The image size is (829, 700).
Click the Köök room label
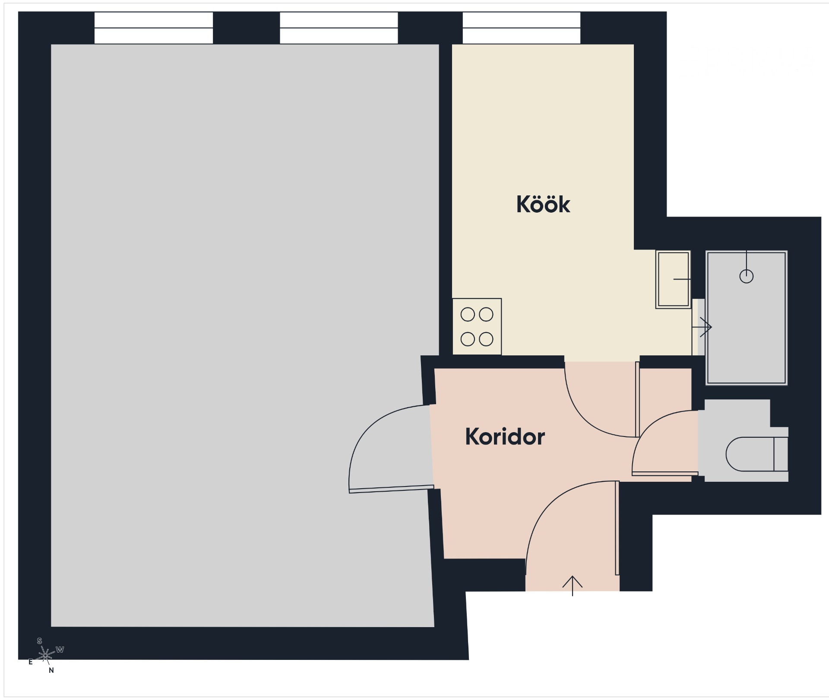543,204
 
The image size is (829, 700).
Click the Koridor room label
505,436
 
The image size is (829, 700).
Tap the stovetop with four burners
477,326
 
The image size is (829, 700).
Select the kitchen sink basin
673,279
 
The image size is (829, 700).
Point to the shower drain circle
747,276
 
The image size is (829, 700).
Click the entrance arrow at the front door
573,586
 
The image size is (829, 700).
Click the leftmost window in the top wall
154,28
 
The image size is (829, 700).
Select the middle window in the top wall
339,28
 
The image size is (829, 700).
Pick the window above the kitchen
522,28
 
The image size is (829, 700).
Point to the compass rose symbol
45,655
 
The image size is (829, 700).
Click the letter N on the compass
51,670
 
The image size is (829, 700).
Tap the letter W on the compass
60,650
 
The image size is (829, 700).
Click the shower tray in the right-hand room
747,318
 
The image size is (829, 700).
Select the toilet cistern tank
781,454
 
